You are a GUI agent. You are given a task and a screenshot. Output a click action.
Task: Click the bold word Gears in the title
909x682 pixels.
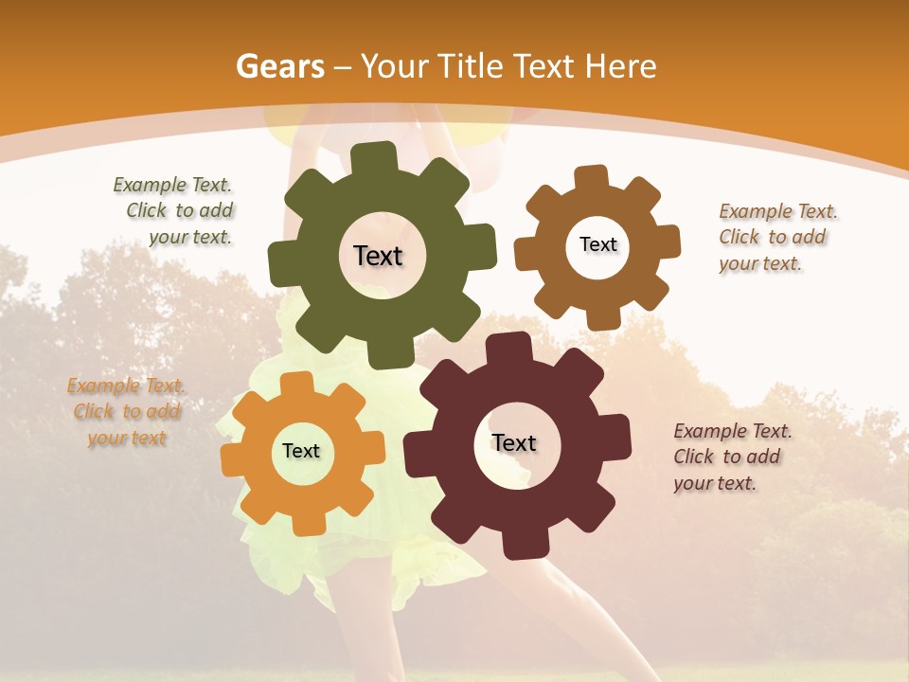pos(280,66)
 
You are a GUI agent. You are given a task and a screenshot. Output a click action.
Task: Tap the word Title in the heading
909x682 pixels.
pos(469,66)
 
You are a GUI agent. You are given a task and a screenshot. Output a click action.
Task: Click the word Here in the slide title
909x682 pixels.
pos(620,66)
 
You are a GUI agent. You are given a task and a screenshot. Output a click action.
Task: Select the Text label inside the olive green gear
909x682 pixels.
pos(378,256)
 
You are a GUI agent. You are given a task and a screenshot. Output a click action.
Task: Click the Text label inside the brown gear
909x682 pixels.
pos(597,244)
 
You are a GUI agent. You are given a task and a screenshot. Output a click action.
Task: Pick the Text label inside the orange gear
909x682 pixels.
pos(301,451)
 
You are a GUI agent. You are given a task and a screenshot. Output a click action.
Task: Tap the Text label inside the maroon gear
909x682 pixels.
pos(514,442)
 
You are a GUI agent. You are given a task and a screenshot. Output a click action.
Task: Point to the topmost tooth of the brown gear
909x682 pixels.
pos(591,177)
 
